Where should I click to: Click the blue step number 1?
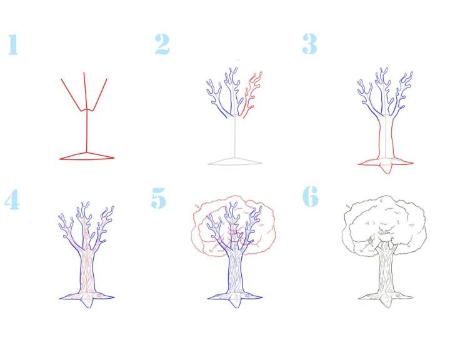pos(13,44)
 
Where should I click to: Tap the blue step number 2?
pos(162,44)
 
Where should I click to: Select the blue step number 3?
pos(309,44)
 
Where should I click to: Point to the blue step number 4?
pos(12,199)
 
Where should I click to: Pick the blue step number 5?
pos(158,197)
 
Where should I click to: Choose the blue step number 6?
pos(311,196)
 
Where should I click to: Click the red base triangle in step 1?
pos(87,156)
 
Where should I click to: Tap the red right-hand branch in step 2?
pos(252,95)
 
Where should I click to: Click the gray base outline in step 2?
pos(235,161)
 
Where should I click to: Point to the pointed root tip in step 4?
pos(87,302)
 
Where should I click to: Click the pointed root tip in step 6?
pos(387,302)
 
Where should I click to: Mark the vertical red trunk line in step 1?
pos(87,131)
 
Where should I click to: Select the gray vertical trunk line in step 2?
pos(235,136)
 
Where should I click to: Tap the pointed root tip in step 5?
pos(236,302)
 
